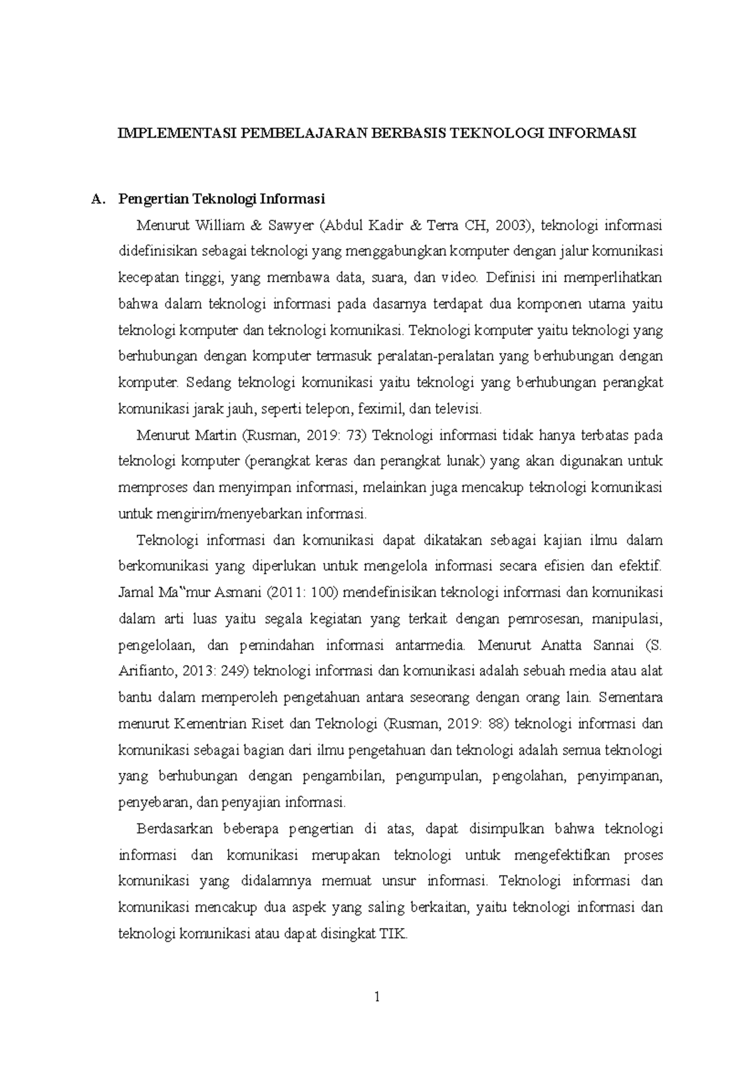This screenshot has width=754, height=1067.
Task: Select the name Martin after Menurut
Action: (213, 435)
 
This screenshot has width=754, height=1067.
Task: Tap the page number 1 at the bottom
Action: (377, 997)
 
